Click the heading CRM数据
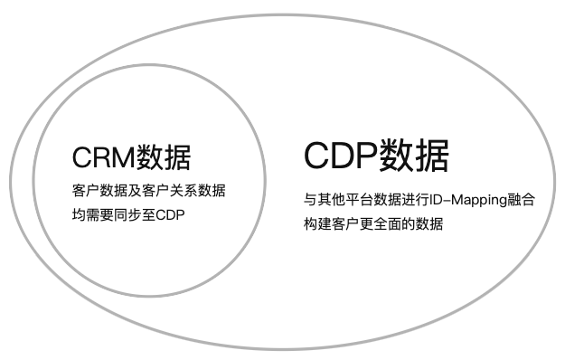point(131,157)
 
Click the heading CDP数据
point(376,156)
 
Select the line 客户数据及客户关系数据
point(148,192)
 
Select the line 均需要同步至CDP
point(121,215)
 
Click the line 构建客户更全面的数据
point(373,223)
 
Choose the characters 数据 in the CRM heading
point(164,157)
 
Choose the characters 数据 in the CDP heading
point(414,156)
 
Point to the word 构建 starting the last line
point(317,223)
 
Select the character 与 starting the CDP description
point(310,200)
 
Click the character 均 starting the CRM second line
point(78,215)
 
